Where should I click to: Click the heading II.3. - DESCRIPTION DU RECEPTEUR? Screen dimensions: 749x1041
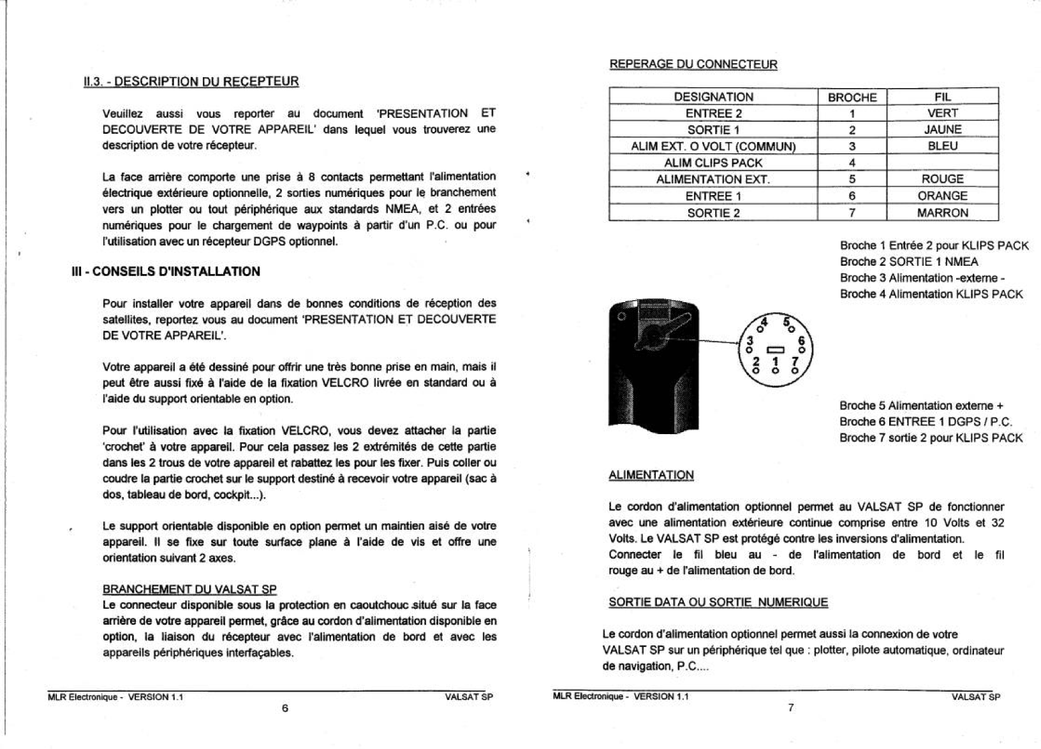click(x=191, y=82)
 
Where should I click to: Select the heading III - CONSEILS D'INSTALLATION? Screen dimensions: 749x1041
click(x=165, y=272)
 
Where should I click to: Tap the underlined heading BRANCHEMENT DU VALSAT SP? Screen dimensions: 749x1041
click(x=189, y=589)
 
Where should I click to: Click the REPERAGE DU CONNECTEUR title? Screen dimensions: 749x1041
click(x=693, y=64)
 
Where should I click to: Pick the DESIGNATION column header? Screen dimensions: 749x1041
click(x=713, y=97)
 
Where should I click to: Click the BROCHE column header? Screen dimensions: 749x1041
click(x=852, y=98)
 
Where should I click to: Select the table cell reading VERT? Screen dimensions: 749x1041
click(x=942, y=113)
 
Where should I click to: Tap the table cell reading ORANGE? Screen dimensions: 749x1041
click(x=942, y=196)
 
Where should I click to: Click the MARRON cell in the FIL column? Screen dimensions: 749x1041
click(x=942, y=213)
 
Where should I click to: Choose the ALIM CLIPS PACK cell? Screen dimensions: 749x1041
click(x=713, y=163)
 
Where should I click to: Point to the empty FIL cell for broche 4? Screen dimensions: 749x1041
click(x=942, y=163)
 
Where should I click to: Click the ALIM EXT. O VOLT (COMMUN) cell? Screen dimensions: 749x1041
click(x=713, y=146)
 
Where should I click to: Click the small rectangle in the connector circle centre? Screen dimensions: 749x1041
click(x=775, y=349)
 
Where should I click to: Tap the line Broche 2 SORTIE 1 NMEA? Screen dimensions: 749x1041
click(x=908, y=261)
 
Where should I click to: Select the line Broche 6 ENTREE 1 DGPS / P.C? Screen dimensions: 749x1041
click(x=925, y=421)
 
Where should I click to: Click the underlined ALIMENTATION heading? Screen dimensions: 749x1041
click(x=651, y=475)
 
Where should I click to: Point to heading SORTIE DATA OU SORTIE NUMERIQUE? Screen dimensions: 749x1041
click(x=718, y=602)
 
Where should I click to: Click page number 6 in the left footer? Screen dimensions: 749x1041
click(x=284, y=708)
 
